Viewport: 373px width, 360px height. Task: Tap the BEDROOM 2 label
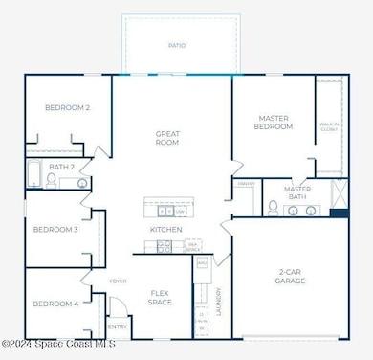[67, 107]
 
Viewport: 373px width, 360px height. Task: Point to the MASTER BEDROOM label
[274, 122]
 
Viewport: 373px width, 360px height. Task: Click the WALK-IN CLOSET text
[327, 124]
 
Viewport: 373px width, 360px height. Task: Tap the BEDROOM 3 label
[55, 229]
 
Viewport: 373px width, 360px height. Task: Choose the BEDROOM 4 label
[55, 304]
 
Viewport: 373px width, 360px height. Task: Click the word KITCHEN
[165, 230]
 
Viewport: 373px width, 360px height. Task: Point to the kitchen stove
[164, 247]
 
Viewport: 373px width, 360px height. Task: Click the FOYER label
[117, 282]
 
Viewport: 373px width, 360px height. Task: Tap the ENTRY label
[118, 326]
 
